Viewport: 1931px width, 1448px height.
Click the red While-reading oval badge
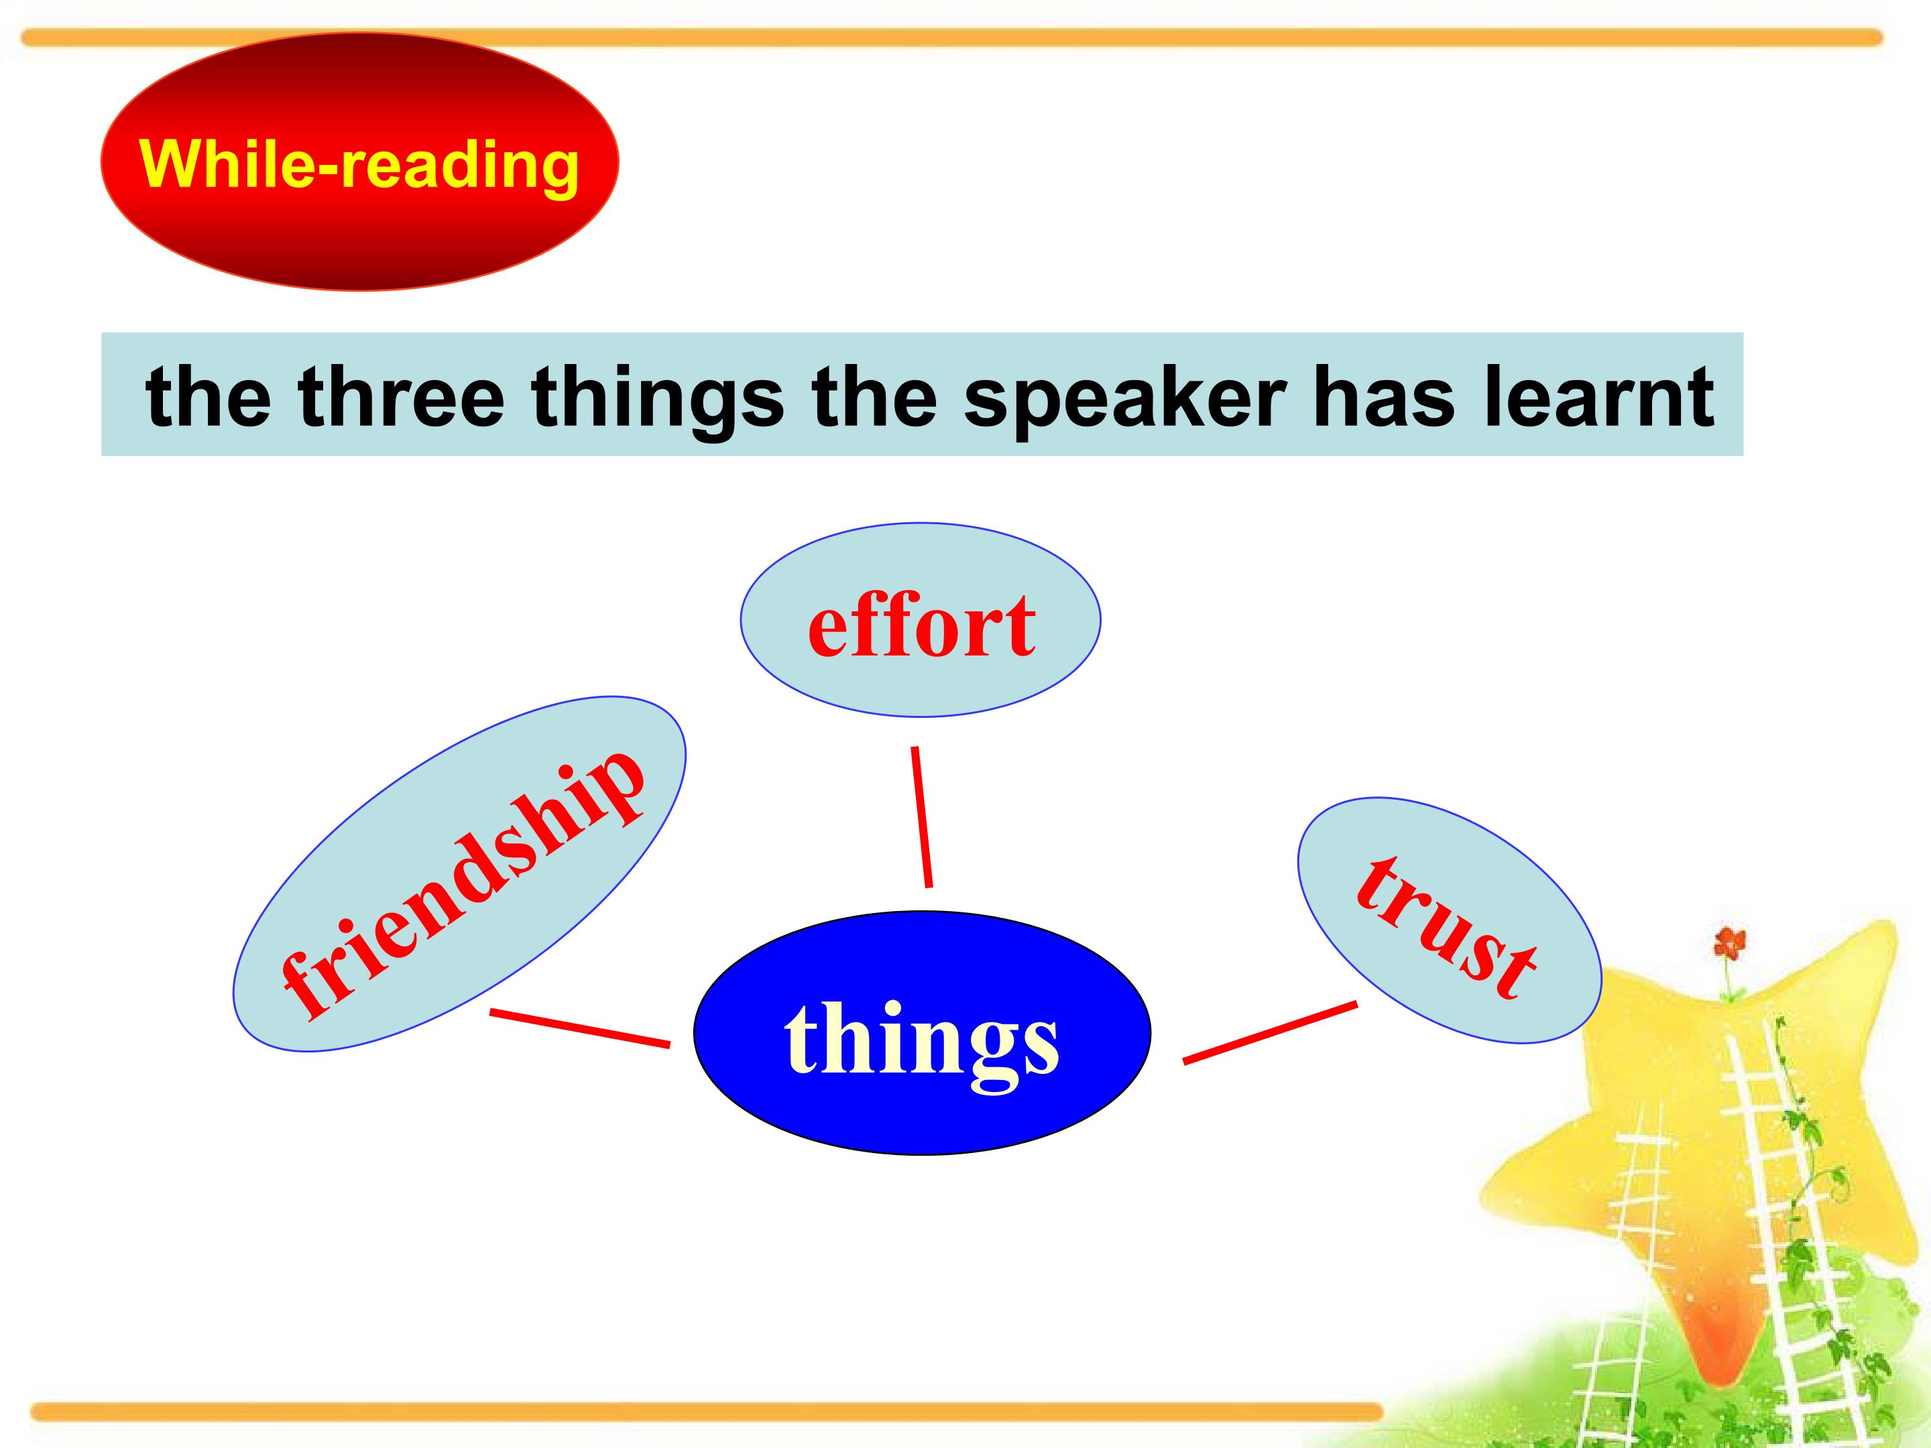pos(359,162)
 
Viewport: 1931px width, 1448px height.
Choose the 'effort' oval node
pos(920,619)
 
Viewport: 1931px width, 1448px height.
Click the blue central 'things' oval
pos(922,1032)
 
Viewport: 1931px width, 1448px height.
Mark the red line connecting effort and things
pos(922,817)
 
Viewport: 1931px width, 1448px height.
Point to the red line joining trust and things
pos(1270,1032)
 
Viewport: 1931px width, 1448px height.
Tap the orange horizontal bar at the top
pos(951,38)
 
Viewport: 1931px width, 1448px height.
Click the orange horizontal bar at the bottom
pos(707,1411)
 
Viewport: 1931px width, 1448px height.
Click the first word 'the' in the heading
pos(208,396)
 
